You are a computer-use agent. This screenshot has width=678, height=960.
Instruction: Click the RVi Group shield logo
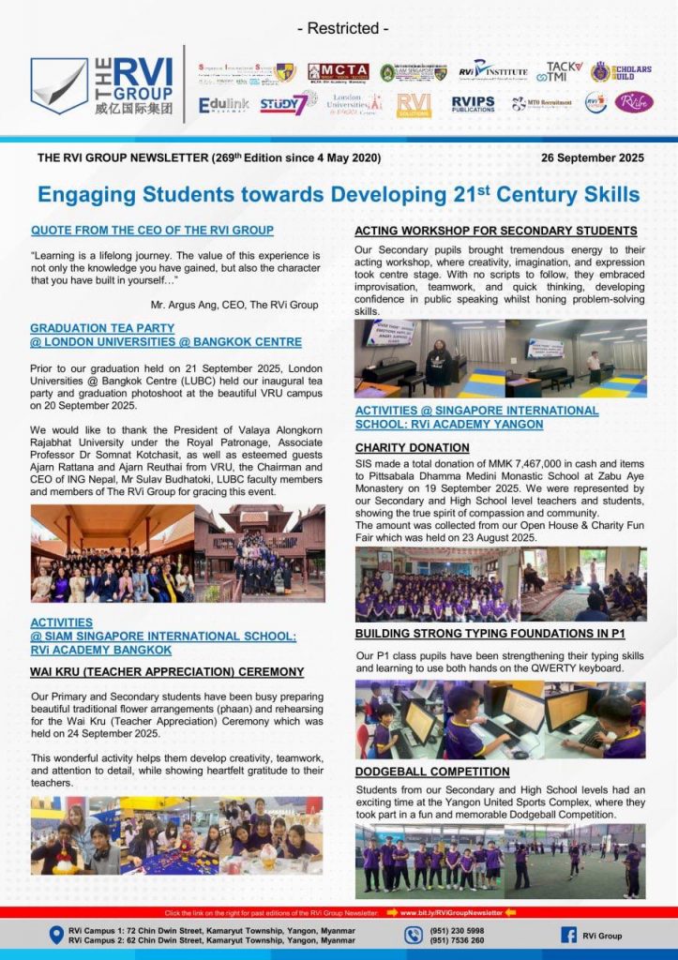(59, 86)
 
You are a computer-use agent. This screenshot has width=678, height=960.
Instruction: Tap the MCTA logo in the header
(339, 72)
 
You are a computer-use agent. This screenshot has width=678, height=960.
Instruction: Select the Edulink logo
(223, 105)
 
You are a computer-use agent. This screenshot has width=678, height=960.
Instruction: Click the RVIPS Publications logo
(474, 103)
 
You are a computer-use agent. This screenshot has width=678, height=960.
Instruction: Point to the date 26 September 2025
(592, 157)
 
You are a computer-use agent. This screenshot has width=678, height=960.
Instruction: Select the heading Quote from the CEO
(152, 230)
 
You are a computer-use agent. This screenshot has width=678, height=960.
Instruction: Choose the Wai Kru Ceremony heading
(167, 671)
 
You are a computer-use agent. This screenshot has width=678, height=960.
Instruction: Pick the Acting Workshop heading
(495, 231)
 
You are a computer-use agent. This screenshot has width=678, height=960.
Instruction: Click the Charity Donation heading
(412, 447)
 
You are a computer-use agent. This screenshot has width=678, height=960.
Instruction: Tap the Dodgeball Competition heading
(432, 772)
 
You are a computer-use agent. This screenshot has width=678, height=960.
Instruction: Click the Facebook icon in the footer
(568, 935)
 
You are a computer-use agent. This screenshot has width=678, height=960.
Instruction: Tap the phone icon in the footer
(414, 935)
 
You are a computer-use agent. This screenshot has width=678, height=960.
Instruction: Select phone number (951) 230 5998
(459, 930)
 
